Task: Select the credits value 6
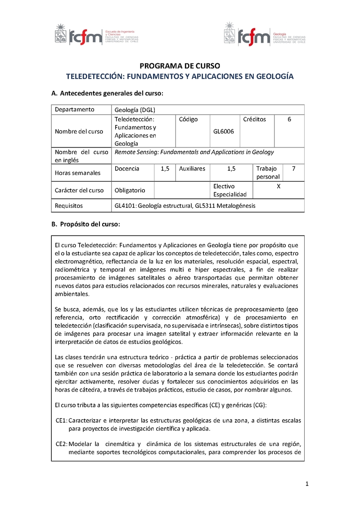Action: coord(289,120)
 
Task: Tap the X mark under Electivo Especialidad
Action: coord(279,186)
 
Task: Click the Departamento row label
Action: coord(75,110)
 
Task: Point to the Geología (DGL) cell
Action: coord(135,110)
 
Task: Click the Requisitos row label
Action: coord(68,206)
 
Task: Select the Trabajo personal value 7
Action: coord(293,169)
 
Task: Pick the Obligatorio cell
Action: coord(130,190)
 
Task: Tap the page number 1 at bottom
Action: coord(306,484)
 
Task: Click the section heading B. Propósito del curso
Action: coord(86,224)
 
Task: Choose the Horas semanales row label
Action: coord(78,173)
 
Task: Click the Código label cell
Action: coord(188,120)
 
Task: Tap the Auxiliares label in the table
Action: coord(192,169)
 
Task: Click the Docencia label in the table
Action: coord(127,169)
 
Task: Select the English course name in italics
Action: coord(194,152)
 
